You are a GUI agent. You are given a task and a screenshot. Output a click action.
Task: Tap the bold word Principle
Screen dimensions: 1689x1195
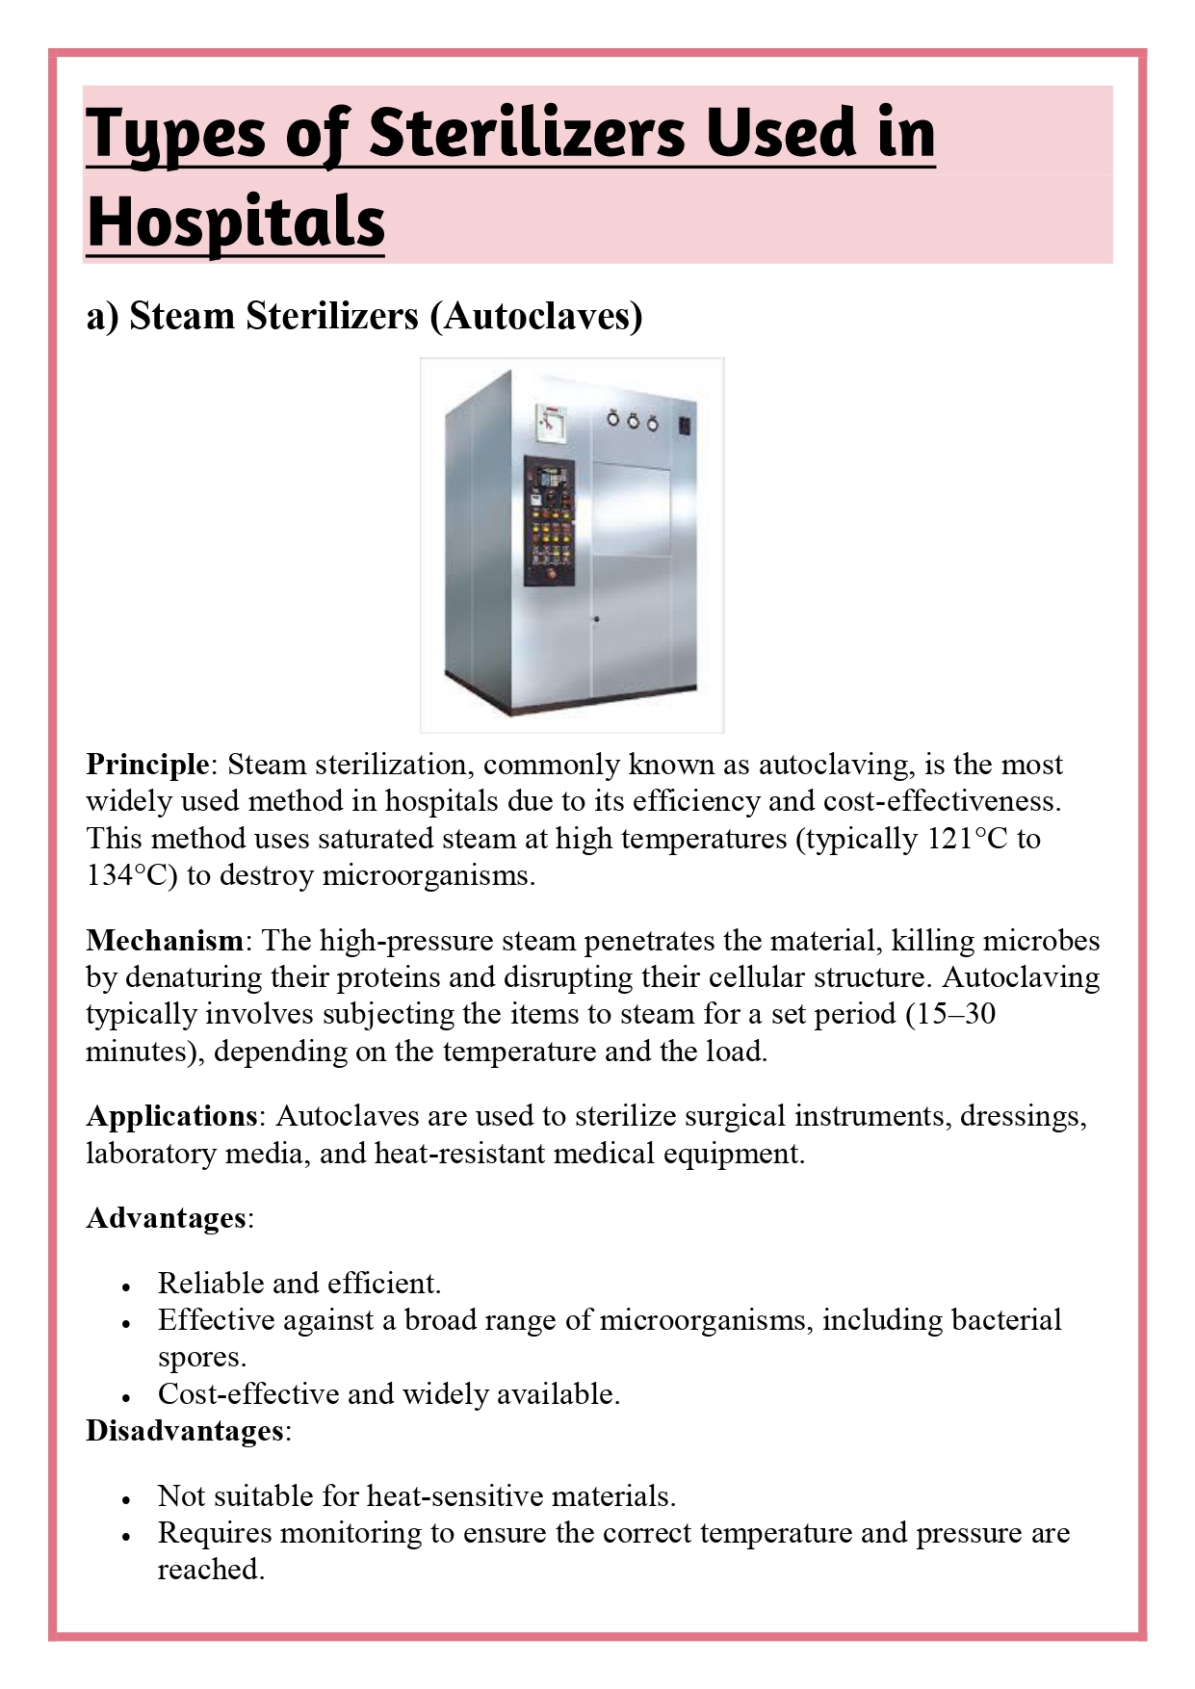click(146, 765)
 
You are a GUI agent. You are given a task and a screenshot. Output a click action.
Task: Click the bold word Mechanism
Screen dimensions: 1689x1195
click(165, 941)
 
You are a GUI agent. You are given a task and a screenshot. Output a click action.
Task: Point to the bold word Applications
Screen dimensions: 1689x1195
click(171, 1116)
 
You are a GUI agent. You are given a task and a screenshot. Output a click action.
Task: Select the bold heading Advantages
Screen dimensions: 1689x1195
click(167, 1218)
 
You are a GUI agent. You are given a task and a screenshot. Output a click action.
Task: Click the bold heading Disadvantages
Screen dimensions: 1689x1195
click(185, 1431)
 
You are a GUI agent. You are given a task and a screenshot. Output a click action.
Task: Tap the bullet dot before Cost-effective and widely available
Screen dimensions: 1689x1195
click(126, 1397)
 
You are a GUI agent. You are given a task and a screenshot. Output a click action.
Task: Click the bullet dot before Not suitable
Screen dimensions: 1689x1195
click(126, 1499)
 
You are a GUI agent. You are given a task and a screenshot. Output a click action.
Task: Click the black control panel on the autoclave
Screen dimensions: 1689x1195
click(549, 521)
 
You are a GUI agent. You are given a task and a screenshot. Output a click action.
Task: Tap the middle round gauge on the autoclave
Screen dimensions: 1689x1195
click(633, 421)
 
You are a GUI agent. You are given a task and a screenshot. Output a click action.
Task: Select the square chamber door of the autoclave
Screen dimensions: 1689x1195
click(631, 509)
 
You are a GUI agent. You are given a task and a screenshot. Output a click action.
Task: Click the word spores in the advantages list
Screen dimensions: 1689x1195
click(201, 1358)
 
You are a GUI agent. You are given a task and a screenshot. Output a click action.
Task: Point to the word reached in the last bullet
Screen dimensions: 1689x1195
click(210, 1571)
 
